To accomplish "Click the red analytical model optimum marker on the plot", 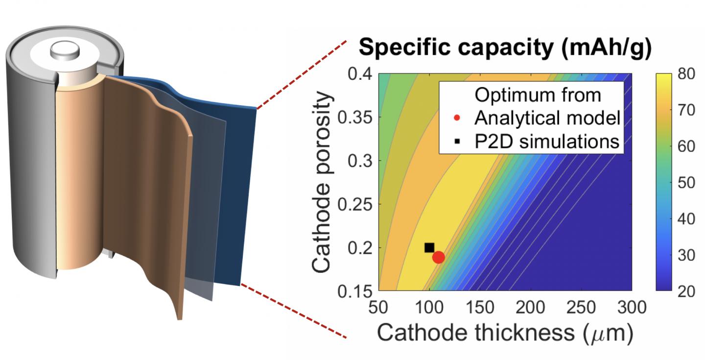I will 438,257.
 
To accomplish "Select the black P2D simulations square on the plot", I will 429,248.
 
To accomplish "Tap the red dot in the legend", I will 456,118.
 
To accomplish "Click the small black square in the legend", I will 456,142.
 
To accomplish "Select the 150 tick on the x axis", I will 481,308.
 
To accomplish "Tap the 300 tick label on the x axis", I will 630,308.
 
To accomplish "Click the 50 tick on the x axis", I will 378,308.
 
